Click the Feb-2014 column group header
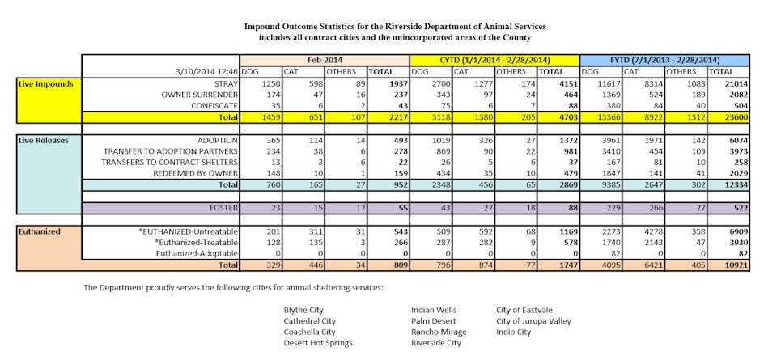coord(325,60)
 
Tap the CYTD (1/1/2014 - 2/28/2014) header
coord(494,60)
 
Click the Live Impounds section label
coord(47,83)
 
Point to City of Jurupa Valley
coord(533,321)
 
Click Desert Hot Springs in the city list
coord(317,343)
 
